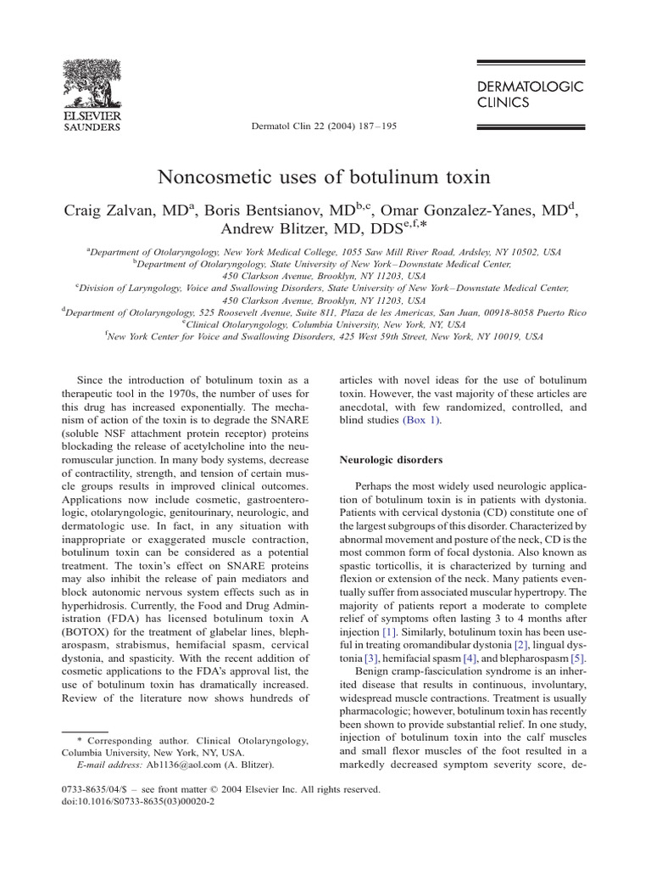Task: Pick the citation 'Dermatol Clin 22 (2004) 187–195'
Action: (325, 126)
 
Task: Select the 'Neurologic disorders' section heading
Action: (391, 459)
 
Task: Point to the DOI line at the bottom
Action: (138, 800)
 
